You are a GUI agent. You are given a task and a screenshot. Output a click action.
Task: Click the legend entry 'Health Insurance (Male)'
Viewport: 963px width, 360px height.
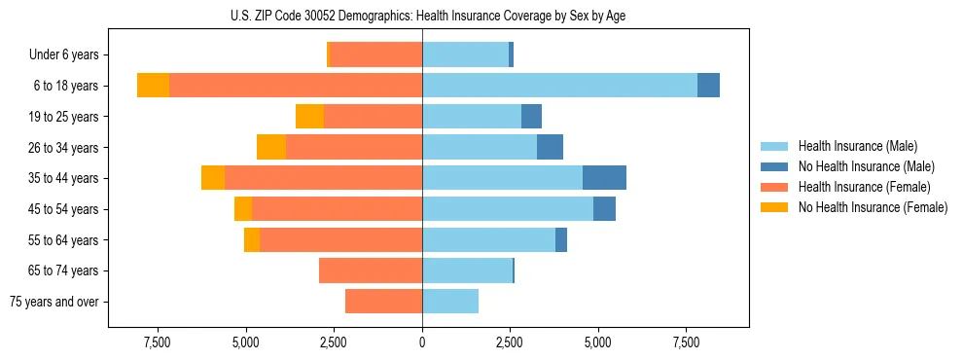(857, 146)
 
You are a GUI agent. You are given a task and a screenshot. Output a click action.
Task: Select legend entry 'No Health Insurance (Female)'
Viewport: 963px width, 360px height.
(873, 207)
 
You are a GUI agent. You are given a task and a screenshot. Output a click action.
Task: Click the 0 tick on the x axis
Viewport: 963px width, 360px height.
(422, 342)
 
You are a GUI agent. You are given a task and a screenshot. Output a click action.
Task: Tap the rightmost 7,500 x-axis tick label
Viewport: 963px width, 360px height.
(686, 342)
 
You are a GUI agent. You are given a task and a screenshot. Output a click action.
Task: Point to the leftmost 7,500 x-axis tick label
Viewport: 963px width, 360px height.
(158, 342)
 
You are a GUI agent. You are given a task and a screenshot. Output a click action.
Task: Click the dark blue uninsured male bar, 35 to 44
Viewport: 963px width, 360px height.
(604, 178)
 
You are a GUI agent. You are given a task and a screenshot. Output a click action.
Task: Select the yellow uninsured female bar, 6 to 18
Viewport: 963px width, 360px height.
(153, 86)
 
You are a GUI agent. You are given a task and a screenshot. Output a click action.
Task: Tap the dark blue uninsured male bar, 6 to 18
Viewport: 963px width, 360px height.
(708, 86)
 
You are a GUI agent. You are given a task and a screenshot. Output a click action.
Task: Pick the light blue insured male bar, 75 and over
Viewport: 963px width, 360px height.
(450, 302)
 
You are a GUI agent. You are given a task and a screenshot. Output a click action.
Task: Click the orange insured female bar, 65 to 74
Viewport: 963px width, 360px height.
(371, 270)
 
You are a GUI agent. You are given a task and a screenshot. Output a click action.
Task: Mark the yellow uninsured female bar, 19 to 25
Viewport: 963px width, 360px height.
(309, 117)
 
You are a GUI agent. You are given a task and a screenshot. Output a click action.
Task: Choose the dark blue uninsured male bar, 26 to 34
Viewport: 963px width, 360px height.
(550, 147)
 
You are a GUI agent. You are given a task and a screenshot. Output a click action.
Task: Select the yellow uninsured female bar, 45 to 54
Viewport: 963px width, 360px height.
(243, 209)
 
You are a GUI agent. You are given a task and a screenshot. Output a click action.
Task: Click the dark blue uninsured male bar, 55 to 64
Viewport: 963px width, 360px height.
(561, 239)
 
